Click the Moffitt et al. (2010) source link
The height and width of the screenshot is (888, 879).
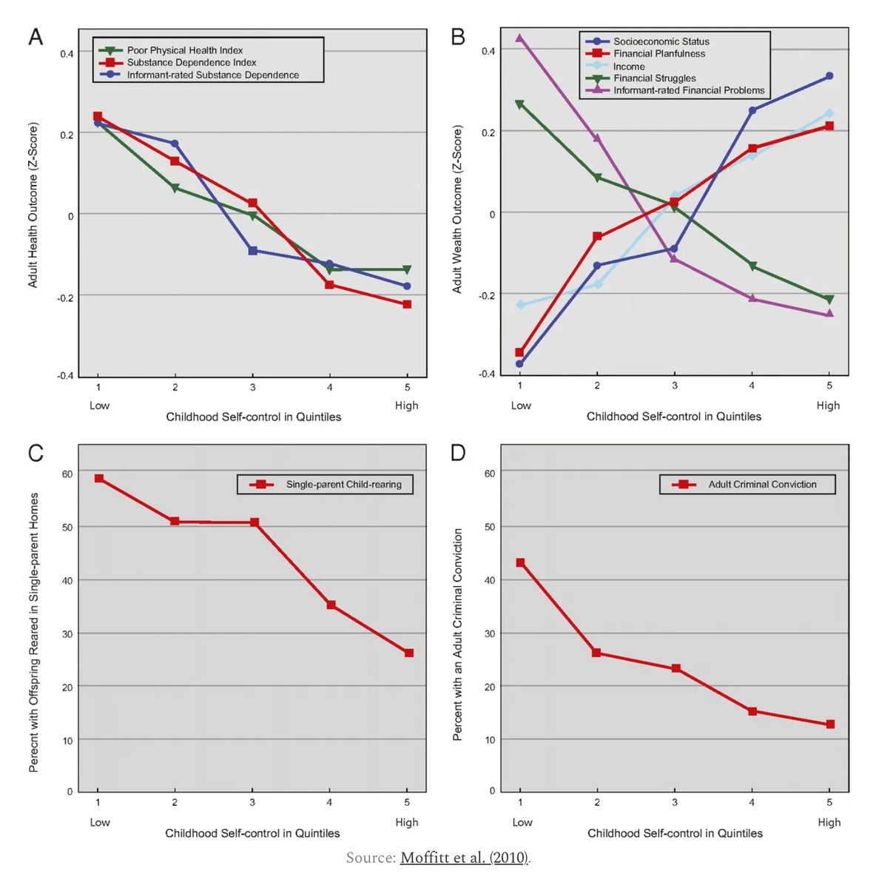pos(464,858)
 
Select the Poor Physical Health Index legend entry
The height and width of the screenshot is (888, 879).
pos(184,50)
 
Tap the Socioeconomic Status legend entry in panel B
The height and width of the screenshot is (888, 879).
pos(661,41)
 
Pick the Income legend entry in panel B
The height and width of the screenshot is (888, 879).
pos(628,66)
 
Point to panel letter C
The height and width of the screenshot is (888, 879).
pos(36,453)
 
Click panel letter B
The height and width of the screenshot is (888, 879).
pos(458,37)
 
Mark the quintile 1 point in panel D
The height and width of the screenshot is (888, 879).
pos(520,563)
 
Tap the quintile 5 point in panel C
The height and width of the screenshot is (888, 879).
pos(408,653)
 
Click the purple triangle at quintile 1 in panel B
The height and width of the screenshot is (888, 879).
pos(519,38)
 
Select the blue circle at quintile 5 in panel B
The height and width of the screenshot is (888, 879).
pos(829,76)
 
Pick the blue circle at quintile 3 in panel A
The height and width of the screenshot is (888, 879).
pos(253,251)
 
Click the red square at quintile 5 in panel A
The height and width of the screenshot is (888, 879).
pos(407,304)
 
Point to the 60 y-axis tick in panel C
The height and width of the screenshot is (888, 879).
pos(67,474)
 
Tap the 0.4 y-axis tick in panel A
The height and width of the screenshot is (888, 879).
pos(67,54)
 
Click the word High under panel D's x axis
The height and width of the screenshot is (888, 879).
pos(829,822)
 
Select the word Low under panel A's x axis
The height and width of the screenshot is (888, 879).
pos(99,406)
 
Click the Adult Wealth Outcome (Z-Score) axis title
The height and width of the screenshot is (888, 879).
pos(457,209)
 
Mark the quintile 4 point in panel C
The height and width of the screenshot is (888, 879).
pos(331,605)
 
